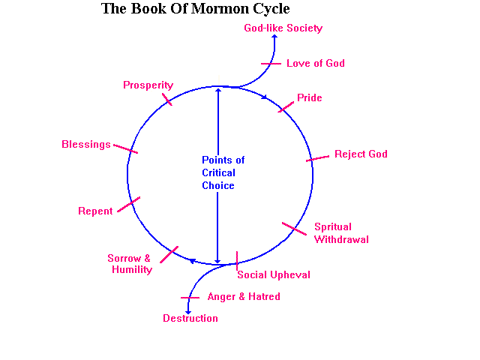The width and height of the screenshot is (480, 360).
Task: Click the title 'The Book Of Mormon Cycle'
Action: click(x=195, y=10)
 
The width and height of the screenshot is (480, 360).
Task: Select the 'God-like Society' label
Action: click(x=283, y=28)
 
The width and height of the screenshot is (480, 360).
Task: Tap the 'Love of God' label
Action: click(x=316, y=64)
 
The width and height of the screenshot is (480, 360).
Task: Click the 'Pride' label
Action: click(x=309, y=98)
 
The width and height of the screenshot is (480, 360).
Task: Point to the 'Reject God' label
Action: click(x=361, y=154)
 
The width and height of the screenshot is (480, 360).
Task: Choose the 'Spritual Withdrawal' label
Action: click(x=341, y=233)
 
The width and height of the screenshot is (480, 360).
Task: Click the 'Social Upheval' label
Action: click(x=274, y=275)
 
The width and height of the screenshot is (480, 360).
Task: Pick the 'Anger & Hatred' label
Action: click(x=244, y=297)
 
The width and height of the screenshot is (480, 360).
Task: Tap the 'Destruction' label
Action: click(x=190, y=319)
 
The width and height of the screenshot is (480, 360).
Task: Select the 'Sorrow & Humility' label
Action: click(x=130, y=264)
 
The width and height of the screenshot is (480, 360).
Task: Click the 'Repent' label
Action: click(x=95, y=211)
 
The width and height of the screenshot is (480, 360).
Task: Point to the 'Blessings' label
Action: click(x=85, y=145)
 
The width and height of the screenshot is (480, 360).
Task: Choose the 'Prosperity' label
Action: click(x=148, y=85)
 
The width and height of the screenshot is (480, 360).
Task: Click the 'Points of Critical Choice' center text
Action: click(x=223, y=173)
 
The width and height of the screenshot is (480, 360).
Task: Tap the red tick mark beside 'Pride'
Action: click(x=286, y=106)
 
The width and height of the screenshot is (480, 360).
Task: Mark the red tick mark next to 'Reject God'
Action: click(x=318, y=158)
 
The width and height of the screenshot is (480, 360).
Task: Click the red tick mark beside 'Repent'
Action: click(x=129, y=203)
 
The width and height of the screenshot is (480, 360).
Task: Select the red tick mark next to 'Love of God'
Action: click(x=271, y=64)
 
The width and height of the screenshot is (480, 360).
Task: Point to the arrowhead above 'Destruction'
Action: click(x=187, y=310)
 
